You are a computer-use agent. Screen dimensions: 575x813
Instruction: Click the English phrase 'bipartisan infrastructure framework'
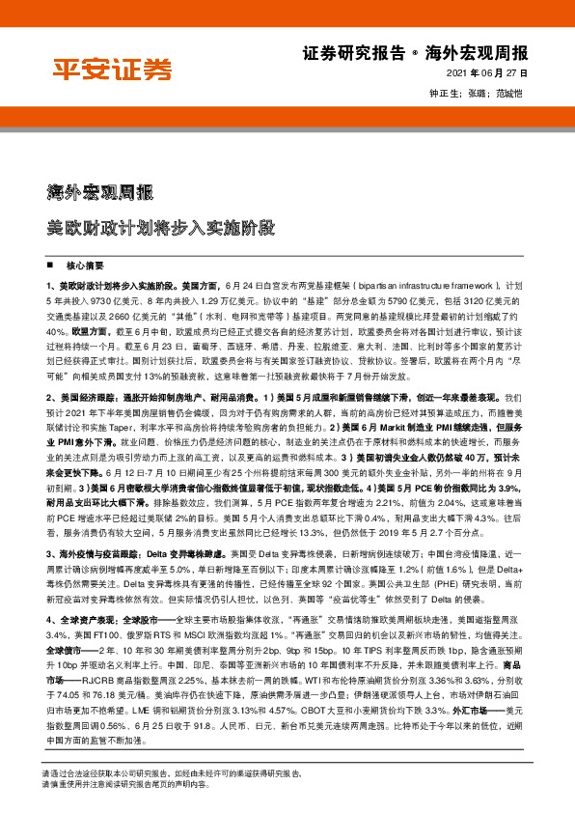tap(423, 288)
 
